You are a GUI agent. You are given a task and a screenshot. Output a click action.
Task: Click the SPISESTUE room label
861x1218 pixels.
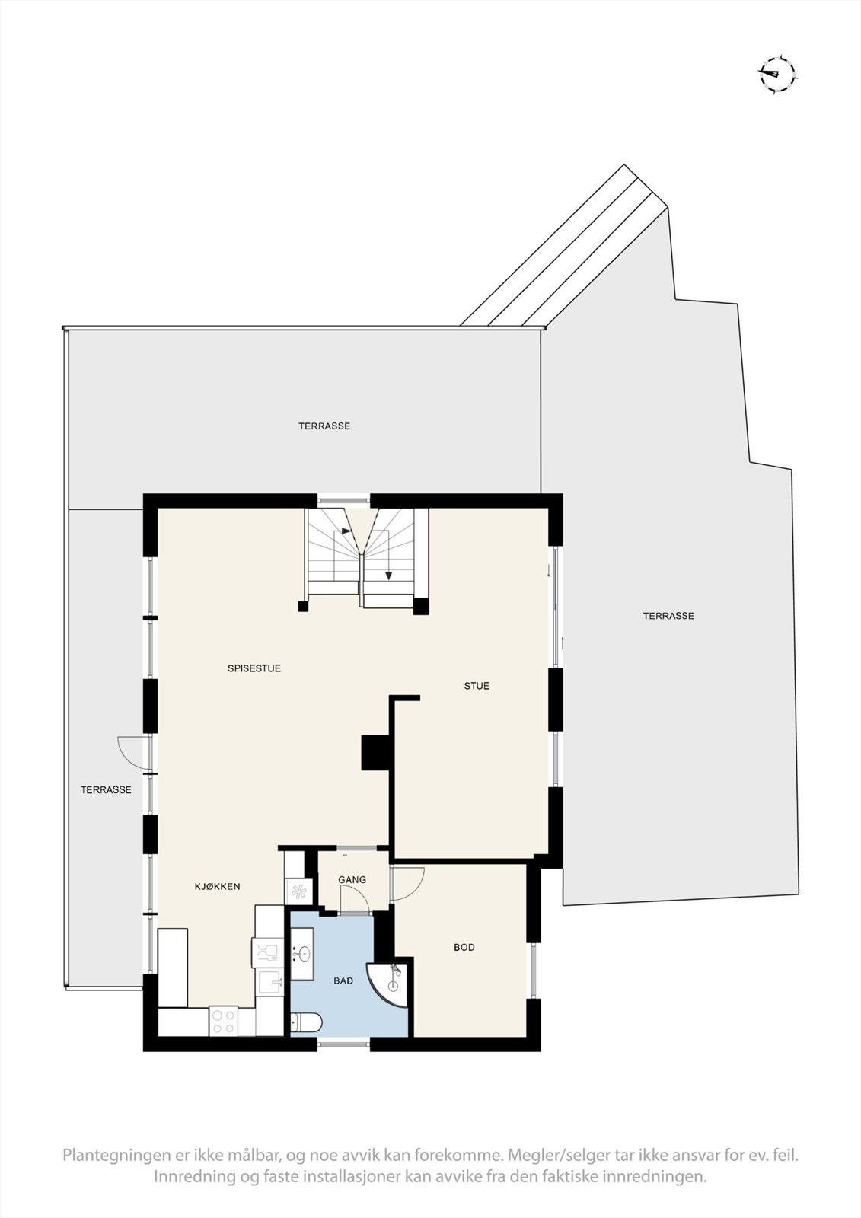254,668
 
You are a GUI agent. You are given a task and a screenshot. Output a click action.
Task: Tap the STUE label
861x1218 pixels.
477,686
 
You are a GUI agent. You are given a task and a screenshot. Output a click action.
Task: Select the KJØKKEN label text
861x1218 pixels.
217,886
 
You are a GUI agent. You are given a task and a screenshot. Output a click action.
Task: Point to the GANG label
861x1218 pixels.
352,879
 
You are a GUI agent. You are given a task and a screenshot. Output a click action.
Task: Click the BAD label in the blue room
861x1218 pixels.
343,980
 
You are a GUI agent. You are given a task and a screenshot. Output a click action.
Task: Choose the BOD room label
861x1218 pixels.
464,947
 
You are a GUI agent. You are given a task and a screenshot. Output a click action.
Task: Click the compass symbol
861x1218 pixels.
777,75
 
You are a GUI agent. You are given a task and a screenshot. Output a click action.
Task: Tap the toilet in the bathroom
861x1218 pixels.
307,1022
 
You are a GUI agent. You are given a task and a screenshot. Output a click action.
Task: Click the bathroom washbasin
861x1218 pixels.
304,952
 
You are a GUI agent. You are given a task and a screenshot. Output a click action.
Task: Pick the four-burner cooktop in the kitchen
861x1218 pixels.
223,1021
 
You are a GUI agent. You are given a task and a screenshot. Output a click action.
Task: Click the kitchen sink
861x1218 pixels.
270,983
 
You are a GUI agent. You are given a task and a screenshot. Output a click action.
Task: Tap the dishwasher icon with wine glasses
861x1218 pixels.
267,950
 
